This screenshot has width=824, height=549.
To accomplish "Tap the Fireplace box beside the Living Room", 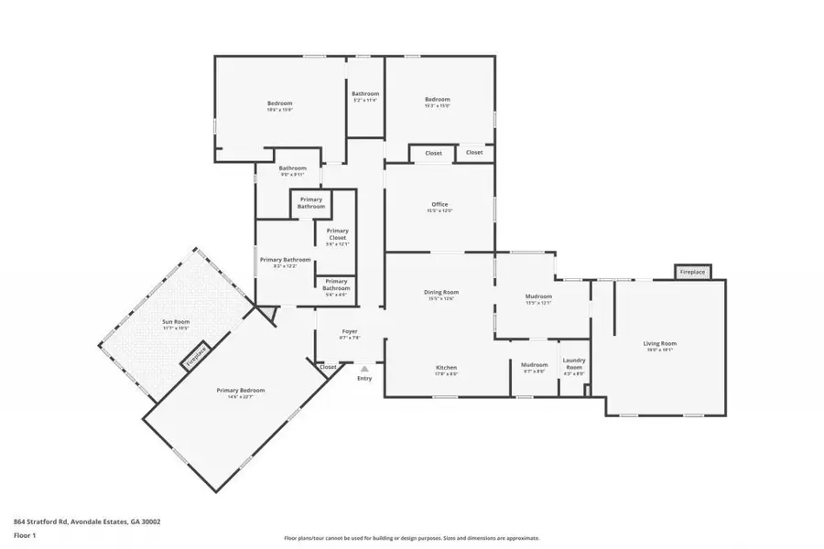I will (692, 272).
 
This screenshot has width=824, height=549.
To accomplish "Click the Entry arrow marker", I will (364, 369).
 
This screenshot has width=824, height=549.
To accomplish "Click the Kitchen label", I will (446, 370).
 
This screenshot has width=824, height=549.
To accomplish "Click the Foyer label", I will (350, 333).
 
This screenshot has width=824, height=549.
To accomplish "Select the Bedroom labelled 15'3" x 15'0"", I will (438, 102).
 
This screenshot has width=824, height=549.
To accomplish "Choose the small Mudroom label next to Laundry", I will (535, 367).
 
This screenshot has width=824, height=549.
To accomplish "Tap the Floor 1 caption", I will (25, 534).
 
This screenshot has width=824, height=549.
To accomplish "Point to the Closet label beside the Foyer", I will (328, 367).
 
